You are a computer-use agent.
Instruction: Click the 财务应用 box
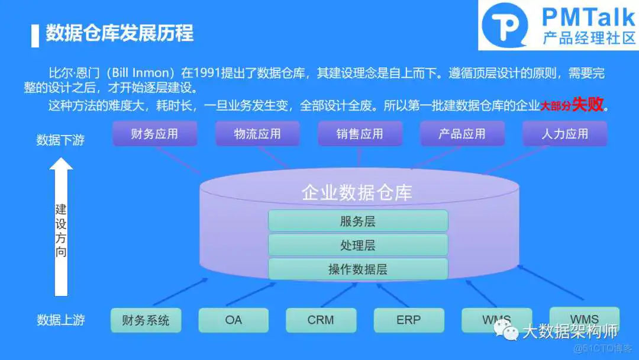(x=154, y=134)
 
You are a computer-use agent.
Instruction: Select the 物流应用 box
(x=257, y=134)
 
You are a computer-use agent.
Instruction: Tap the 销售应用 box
(x=360, y=134)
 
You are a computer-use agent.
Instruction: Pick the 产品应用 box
(x=462, y=134)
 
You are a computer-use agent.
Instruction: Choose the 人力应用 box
(x=564, y=134)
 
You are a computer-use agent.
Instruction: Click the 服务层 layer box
(x=358, y=221)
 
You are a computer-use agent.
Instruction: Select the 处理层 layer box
(x=358, y=245)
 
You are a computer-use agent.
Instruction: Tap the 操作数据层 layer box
(x=358, y=269)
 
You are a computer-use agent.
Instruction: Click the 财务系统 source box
(x=146, y=320)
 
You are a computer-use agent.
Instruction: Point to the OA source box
(x=233, y=320)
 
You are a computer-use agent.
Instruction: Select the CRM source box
(x=321, y=320)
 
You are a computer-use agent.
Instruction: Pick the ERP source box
(x=408, y=320)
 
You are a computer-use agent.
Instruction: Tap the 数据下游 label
(x=60, y=140)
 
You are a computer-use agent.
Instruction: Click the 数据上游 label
(x=60, y=320)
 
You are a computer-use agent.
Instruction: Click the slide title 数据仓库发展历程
(x=120, y=33)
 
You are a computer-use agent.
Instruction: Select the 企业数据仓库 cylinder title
(x=357, y=192)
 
